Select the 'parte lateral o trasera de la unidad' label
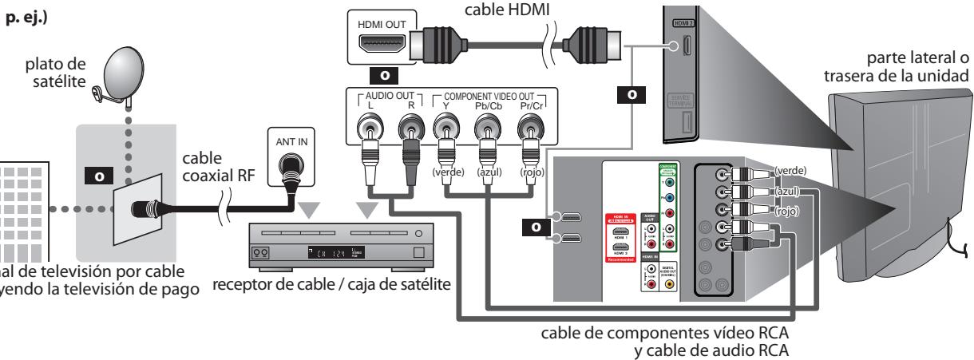tap(899, 67)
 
